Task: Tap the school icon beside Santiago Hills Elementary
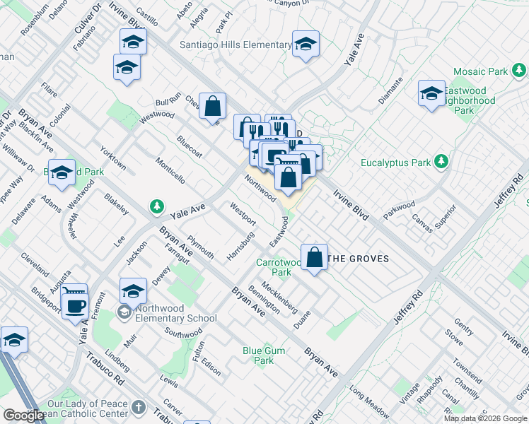click(x=306, y=46)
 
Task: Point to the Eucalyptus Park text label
click(x=395, y=163)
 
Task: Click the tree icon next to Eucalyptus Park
click(x=442, y=162)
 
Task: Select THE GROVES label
click(x=360, y=259)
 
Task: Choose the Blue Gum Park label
click(x=258, y=355)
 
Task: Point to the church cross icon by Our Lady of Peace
click(x=139, y=408)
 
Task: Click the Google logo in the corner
click(x=23, y=416)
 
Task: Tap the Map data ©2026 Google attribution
click(x=486, y=418)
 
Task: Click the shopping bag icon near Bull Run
click(x=212, y=107)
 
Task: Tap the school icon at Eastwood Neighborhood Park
click(x=431, y=93)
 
